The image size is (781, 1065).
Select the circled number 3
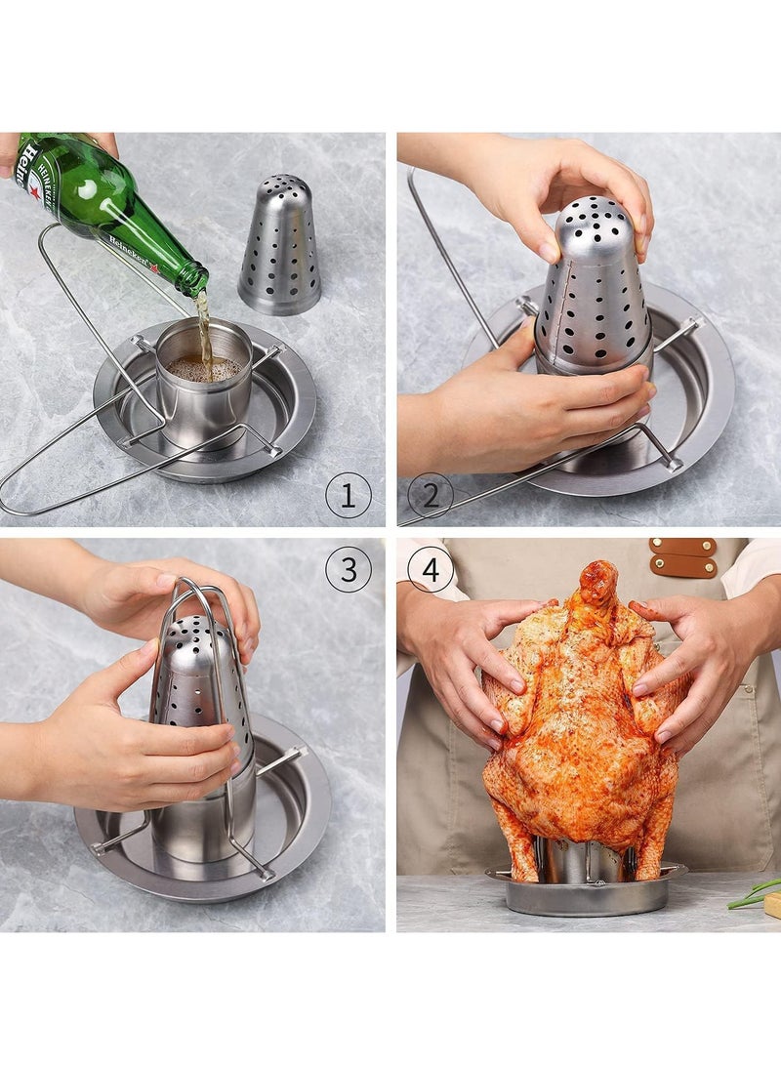point(349,568)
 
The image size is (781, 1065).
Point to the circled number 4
point(431,568)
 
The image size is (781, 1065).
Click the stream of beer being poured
point(203,322)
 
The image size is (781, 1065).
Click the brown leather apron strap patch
point(683,557)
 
